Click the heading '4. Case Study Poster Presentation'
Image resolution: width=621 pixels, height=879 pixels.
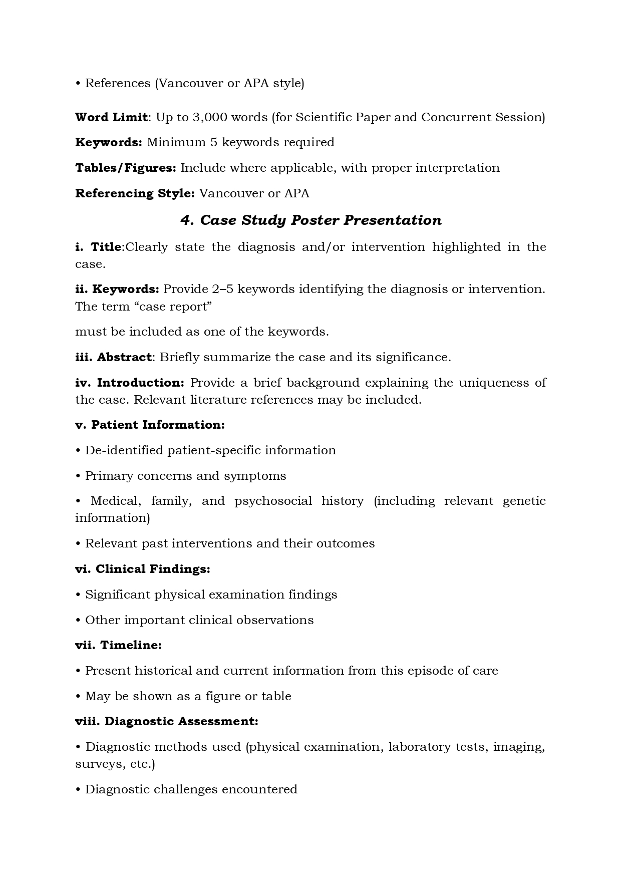click(310, 220)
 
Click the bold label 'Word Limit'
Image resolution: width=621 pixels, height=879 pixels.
click(111, 117)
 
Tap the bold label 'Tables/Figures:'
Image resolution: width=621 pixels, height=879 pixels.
click(125, 168)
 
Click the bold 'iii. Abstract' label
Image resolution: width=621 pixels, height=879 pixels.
click(113, 357)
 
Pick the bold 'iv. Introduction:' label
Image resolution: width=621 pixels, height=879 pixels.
click(130, 383)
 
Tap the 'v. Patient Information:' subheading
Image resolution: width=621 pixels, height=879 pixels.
click(150, 425)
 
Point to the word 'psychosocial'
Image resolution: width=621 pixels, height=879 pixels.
click(273, 501)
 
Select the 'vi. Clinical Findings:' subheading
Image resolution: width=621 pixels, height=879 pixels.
click(143, 569)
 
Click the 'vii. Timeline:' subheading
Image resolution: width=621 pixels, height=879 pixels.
click(118, 645)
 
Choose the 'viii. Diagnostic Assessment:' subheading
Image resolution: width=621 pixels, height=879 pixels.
click(167, 721)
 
